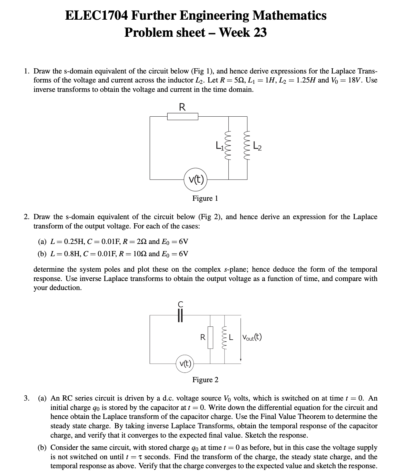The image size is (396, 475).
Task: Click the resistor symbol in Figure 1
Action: pyautogui.click(x=183, y=117)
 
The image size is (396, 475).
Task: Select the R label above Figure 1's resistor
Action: pyautogui.click(x=182, y=107)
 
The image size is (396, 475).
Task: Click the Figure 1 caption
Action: pyautogui.click(x=205, y=198)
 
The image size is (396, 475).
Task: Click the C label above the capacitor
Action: pyautogui.click(x=181, y=304)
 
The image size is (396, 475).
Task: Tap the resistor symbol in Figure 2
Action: pyautogui.click(x=210, y=337)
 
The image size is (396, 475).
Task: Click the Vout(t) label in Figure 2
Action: pyautogui.click(x=252, y=337)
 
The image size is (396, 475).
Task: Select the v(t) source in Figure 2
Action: pyautogui.click(x=185, y=364)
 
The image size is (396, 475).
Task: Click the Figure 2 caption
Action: pyautogui.click(x=205, y=380)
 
